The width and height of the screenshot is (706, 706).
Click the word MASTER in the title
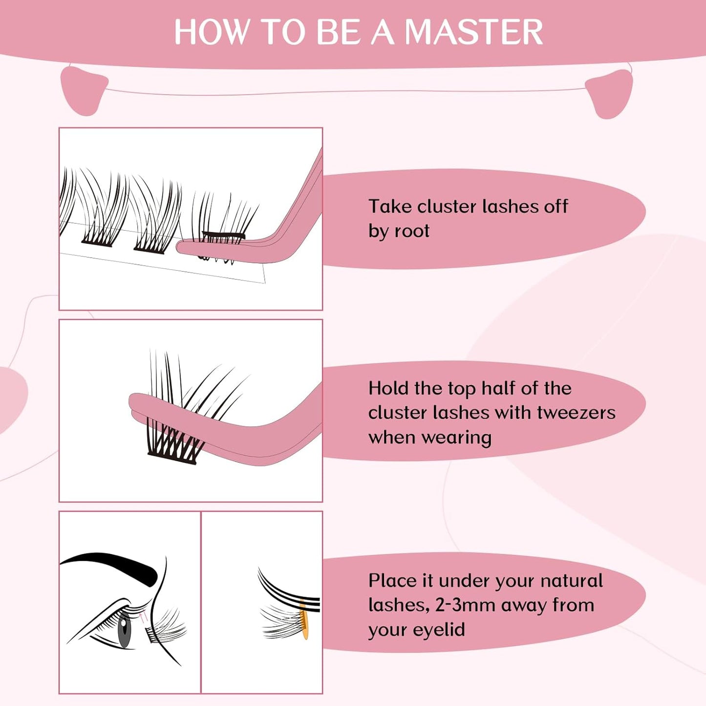coord(473,32)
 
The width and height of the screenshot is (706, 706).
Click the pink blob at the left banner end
coord(83,91)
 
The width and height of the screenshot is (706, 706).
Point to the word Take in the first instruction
coord(390,206)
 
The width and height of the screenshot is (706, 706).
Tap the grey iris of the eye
coord(125,630)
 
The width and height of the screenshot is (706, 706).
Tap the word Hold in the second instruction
coord(388,388)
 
